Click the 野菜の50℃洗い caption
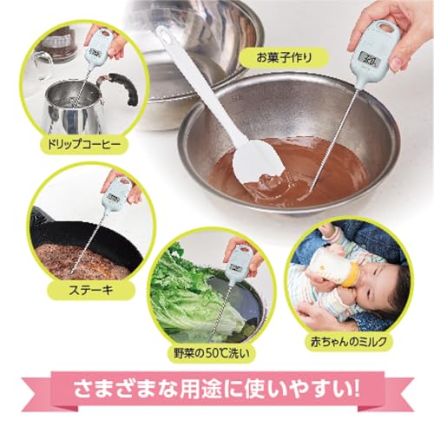point(212,353)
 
